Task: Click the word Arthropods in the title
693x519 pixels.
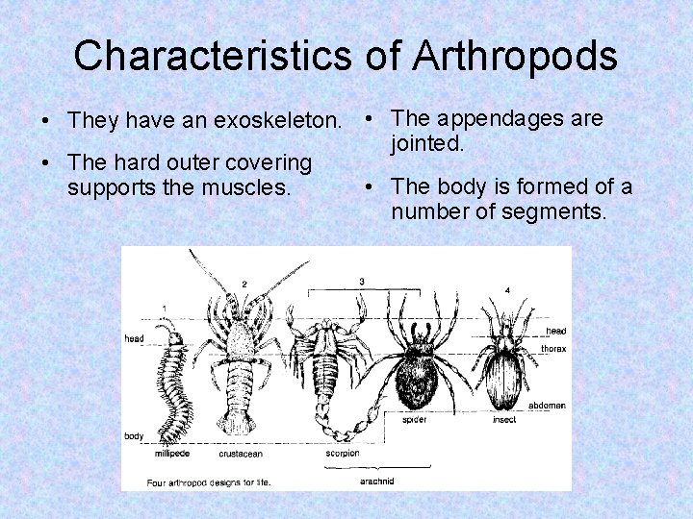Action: [x=514, y=56]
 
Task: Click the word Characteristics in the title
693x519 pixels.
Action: [x=213, y=56]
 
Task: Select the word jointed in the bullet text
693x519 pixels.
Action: [x=428, y=144]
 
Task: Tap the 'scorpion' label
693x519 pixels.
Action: [x=341, y=453]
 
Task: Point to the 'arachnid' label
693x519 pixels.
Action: [x=375, y=480]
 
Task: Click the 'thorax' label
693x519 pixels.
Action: [x=553, y=349]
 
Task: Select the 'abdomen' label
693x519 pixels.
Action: [x=547, y=406]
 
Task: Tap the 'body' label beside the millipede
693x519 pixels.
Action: [x=134, y=435]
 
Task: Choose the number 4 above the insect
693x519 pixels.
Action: [x=507, y=289]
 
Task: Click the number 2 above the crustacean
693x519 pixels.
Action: [x=244, y=284]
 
